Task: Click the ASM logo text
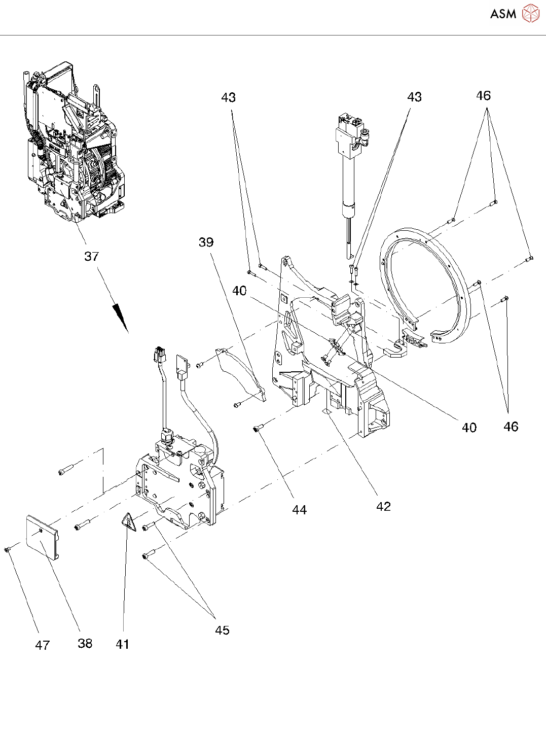click(x=503, y=14)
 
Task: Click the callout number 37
click(x=91, y=256)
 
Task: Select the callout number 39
click(x=206, y=242)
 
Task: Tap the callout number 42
click(x=383, y=506)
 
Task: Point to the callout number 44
click(x=299, y=510)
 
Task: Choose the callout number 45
click(x=222, y=630)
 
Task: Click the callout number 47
click(x=42, y=645)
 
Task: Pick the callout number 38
click(x=85, y=643)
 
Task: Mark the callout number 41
click(x=122, y=644)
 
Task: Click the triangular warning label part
click(x=129, y=522)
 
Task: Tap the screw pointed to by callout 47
click(x=8, y=550)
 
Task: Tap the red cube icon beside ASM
click(x=530, y=14)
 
